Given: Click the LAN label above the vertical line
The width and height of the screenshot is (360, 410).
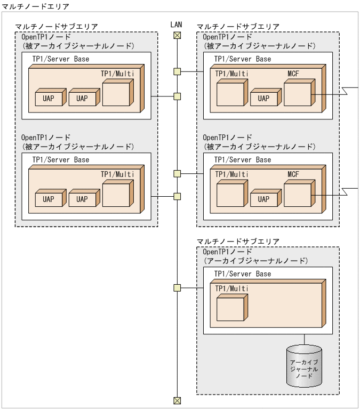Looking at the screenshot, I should (x=177, y=25).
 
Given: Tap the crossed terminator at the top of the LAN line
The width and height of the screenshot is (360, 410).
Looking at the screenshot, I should (x=177, y=35).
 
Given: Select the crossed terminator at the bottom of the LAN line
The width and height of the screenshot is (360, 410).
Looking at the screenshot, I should (x=177, y=400).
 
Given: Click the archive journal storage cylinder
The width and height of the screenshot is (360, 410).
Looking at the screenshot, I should (x=304, y=366).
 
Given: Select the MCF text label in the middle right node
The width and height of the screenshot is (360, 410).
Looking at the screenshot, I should (x=293, y=174).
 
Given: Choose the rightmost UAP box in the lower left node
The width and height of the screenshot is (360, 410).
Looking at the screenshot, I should (x=83, y=198).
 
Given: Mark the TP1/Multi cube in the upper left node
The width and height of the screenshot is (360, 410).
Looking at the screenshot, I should (x=117, y=93).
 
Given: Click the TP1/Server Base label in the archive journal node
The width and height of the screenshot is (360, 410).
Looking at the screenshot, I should (x=242, y=274).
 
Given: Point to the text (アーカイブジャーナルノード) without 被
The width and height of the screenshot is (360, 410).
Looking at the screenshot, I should (x=256, y=261).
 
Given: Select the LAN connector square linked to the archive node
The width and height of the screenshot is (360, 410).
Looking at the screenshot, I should (x=177, y=288).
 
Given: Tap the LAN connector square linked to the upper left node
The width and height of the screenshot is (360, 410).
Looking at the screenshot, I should (x=177, y=97).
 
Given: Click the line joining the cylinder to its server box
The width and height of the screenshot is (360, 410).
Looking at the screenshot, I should (x=304, y=339).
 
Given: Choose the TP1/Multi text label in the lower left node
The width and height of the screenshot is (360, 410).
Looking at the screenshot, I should (x=117, y=174).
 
